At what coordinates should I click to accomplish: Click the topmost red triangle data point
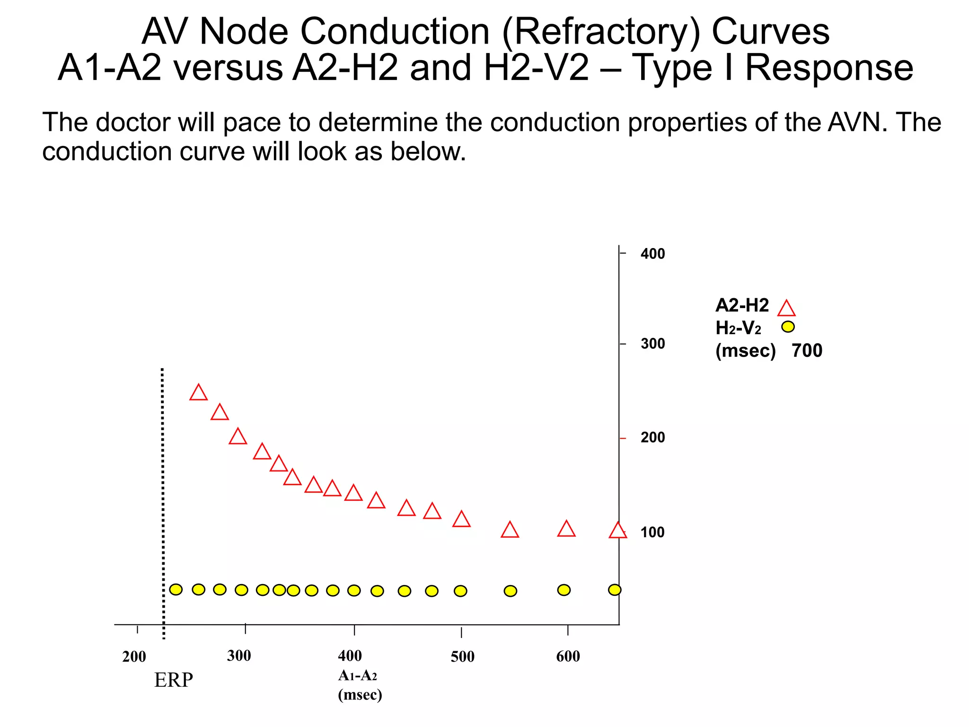[x=198, y=393]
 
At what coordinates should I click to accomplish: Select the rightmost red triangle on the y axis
[x=617, y=531]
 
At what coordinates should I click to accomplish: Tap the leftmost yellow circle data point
[x=176, y=589]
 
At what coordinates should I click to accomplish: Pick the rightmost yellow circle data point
[x=614, y=590]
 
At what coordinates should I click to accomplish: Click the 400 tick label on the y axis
[x=652, y=254]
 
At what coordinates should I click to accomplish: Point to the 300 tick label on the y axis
[x=652, y=344]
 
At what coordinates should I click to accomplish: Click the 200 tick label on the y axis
[x=652, y=437]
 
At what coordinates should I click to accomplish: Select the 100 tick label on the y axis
[x=652, y=532]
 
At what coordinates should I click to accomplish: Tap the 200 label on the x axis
[x=134, y=657]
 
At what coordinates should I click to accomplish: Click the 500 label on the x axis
[x=462, y=657]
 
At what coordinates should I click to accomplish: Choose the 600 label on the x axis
[x=568, y=656]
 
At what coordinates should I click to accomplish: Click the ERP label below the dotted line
[x=173, y=680]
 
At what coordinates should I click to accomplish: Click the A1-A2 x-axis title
[x=358, y=675]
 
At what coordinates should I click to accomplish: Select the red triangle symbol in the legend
[x=786, y=309]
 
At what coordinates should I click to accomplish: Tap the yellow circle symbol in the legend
[x=788, y=327]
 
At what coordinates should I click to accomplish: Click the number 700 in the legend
[x=807, y=351]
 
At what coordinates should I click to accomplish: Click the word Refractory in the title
[x=601, y=32]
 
